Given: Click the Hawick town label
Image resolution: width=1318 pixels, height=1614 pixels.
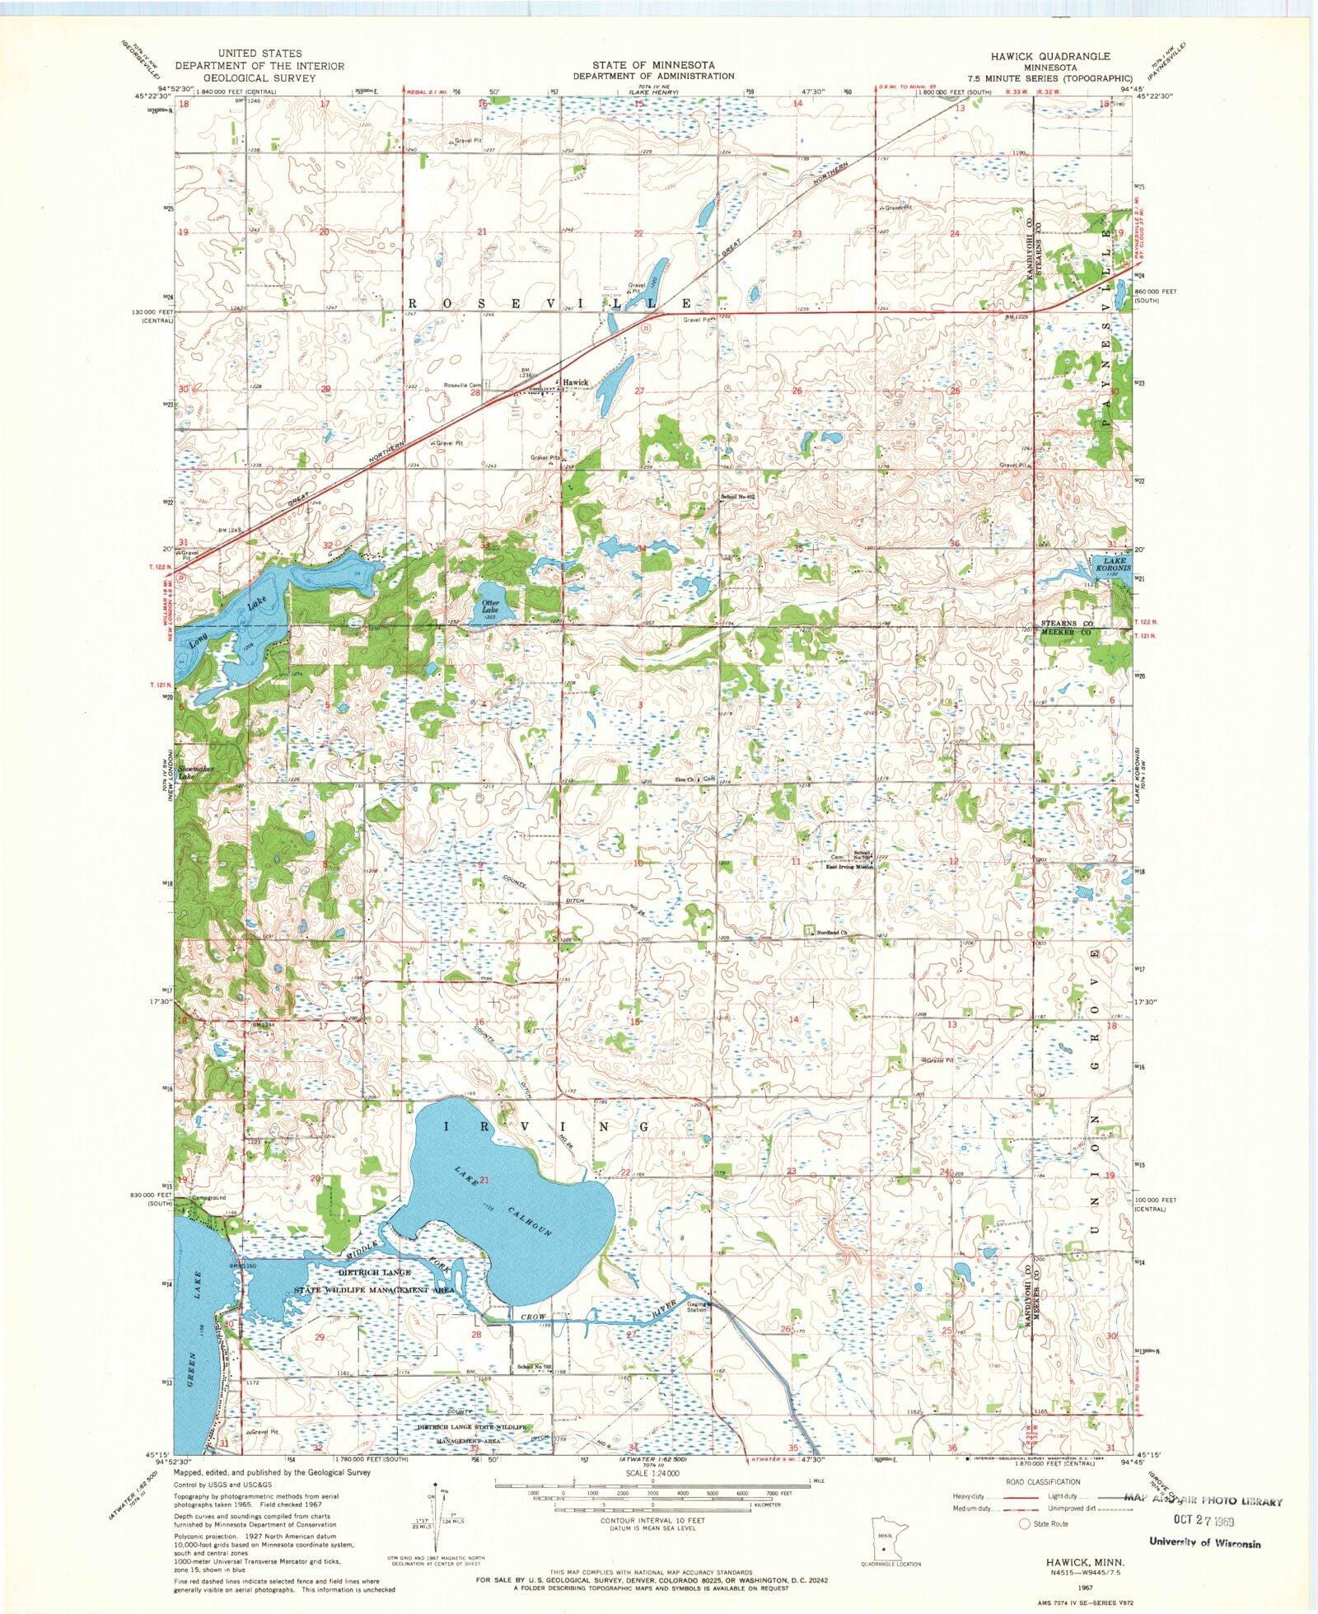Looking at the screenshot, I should (575, 382).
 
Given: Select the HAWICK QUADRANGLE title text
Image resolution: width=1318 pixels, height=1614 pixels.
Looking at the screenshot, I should (1050, 56).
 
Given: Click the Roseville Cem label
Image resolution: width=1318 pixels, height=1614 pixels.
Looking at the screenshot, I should (462, 385).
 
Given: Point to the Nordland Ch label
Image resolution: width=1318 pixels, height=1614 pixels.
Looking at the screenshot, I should (832, 933).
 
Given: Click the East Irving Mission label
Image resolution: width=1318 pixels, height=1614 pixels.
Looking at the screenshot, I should (849, 867).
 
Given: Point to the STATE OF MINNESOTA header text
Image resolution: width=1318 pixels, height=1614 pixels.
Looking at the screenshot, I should (653, 64).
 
